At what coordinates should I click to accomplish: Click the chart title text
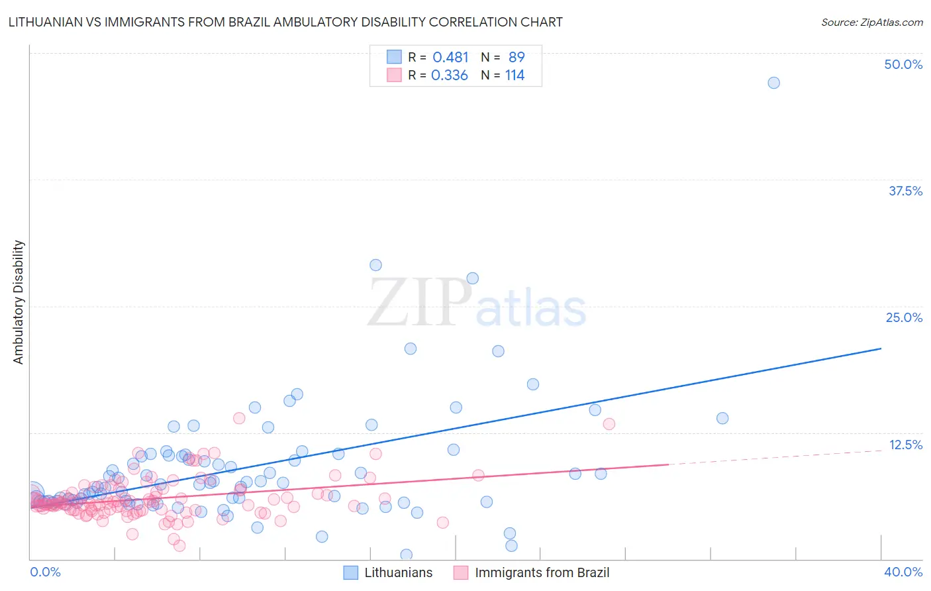pyautogui.click(x=285, y=22)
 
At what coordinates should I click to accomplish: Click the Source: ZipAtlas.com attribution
pyautogui.click(x=871, y=22)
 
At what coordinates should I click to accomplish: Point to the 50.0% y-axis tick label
pyautogui.click(x=903, y=64)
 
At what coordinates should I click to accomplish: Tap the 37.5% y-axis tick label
pyautogui.click(x=905, y=191)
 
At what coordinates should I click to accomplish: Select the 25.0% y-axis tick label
pyautogui.click(x=904, y=317)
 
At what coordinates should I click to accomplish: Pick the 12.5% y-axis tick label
pyautogui.click(x=905, y=445)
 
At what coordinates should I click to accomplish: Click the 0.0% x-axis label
pyautogui.click(x=45, y=572)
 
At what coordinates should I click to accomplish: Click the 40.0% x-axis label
pyautogui.click(x=903, y=572)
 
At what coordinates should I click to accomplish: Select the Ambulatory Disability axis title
pyautogui.click(x=19, y=302)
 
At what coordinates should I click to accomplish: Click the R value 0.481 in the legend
pyautogui.click(x=450, y=58)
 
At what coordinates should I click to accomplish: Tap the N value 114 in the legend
pyautogui.click(x=514, y=76)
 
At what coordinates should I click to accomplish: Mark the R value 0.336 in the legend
pyautogui.click(x=450, y=76)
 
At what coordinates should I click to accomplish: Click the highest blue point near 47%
pyautogui.click(x=773, y=83)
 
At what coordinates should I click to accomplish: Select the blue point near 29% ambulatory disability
pyautogui.click(x=375, y=265)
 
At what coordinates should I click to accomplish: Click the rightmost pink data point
pyautogui.click(x=609, y=423)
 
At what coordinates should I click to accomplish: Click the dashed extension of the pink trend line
pyautogui.click(x=775, y=457)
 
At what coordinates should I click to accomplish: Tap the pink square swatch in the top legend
pyautogui.click(x=394, y=76)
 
